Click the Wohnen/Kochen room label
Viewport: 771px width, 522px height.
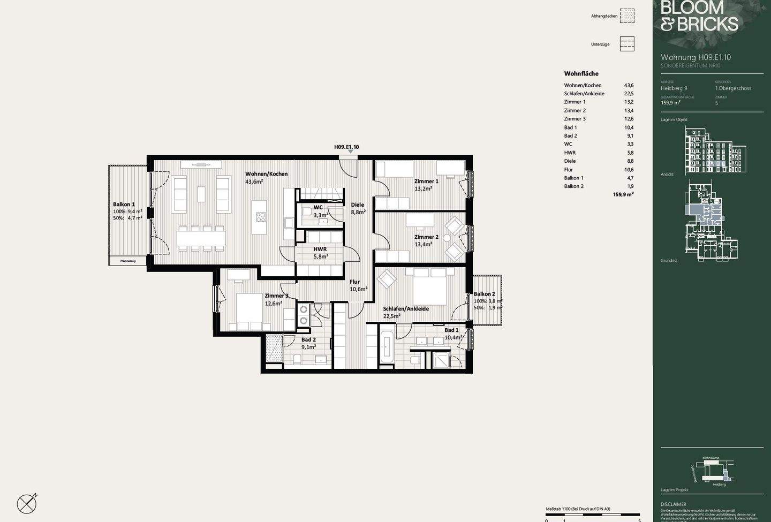coord(266,174)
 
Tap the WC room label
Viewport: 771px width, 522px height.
coord(318,207)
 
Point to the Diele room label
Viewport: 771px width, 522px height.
coord(358,205)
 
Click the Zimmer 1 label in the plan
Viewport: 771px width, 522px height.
coord(426,181)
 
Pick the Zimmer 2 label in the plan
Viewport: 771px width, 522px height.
coord(426,237)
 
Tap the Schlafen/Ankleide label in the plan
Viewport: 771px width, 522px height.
coord(405,309)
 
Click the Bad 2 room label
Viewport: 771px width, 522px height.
coord(308,340)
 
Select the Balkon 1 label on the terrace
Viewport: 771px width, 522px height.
coord(124,205)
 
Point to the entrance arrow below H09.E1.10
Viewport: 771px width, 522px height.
coord(350,152)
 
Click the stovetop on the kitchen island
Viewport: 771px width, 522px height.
coord(261,217)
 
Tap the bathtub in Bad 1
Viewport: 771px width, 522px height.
coord(387,347)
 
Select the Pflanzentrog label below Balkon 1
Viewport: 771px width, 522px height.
coord(128,261)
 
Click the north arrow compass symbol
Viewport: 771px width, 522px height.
coord(27,503)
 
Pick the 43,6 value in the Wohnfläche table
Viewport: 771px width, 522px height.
coord(628,85)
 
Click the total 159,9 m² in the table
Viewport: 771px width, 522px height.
coord(623,195)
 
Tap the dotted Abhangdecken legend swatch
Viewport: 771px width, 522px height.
coord(627,16)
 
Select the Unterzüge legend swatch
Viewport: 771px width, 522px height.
coord(627,44)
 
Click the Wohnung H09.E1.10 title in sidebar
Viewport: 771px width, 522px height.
coord(696,57)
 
